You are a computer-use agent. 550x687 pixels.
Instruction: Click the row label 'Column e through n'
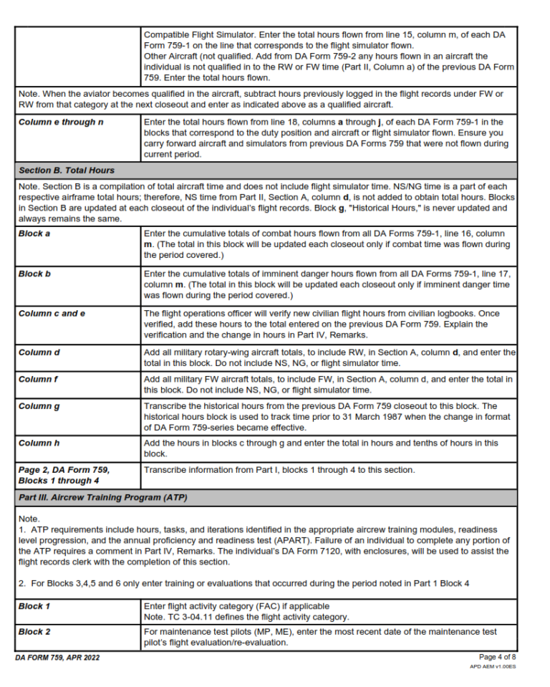pos(61,122)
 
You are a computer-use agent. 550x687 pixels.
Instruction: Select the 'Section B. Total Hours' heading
pos(67,170)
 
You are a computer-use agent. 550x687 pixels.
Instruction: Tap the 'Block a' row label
pos(34,234)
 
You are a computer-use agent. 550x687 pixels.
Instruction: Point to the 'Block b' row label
pos(34,274)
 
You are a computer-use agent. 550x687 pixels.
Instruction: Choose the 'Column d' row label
pos(39,353)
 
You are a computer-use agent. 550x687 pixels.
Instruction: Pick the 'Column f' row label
pos(38,379)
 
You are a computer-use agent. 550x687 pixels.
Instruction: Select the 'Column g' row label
pos(39,407)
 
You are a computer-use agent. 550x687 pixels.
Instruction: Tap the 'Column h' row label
pos(39,443)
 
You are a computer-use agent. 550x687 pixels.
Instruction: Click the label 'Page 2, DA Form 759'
pos(64,470)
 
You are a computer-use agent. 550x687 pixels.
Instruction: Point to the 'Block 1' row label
pos(34,606)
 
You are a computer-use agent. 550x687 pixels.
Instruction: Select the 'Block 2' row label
pos(34,632)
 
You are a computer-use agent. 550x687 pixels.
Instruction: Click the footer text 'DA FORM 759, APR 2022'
pos(58,658)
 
